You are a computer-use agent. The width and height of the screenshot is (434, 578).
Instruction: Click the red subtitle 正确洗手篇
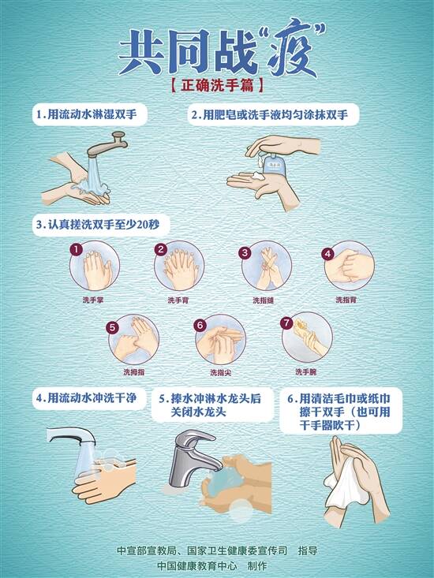pyautogui.click(x=217, y=86)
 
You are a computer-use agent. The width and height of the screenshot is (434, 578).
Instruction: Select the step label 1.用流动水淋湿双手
pyautogui.click(x=87, y=114)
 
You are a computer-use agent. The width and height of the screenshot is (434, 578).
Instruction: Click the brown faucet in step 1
pyautogui.click(x=107, y=146)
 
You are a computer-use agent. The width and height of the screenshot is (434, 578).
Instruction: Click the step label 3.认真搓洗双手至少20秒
pyautogui.click(x=98, y=224)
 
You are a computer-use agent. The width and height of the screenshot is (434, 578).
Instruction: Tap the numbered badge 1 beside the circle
pyautogui.click(x=76, y=250)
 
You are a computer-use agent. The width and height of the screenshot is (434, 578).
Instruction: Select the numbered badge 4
pyautogui.click(x=327, y=254)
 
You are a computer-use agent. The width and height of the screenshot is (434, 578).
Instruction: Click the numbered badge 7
pyautogui.click(x=286, y=323)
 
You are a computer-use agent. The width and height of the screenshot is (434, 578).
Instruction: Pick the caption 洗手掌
pyautogui.click(x=93, y=300)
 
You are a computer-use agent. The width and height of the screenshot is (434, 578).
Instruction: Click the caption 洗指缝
pyautogui.click(x=264, y=300)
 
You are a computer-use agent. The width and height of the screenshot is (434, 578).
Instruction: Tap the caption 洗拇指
pyautogui.click(x=134, y=372)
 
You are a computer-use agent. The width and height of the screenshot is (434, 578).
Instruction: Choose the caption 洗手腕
pyautogui.click(x=305, y=372)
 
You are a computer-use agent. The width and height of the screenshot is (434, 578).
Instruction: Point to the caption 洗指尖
pyautogui.click(x=220, y=373)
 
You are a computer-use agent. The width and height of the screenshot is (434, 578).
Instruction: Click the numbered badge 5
pyautogui.click(x=113, y=327)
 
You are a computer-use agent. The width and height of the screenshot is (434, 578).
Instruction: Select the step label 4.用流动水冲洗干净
pyautogui.click(x=87, y=398)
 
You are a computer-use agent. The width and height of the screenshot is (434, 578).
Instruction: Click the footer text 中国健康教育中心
pyautogui.click(x=196, y=566)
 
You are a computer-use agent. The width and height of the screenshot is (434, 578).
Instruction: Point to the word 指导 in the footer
pyautogui.click(x=308, y=550)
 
